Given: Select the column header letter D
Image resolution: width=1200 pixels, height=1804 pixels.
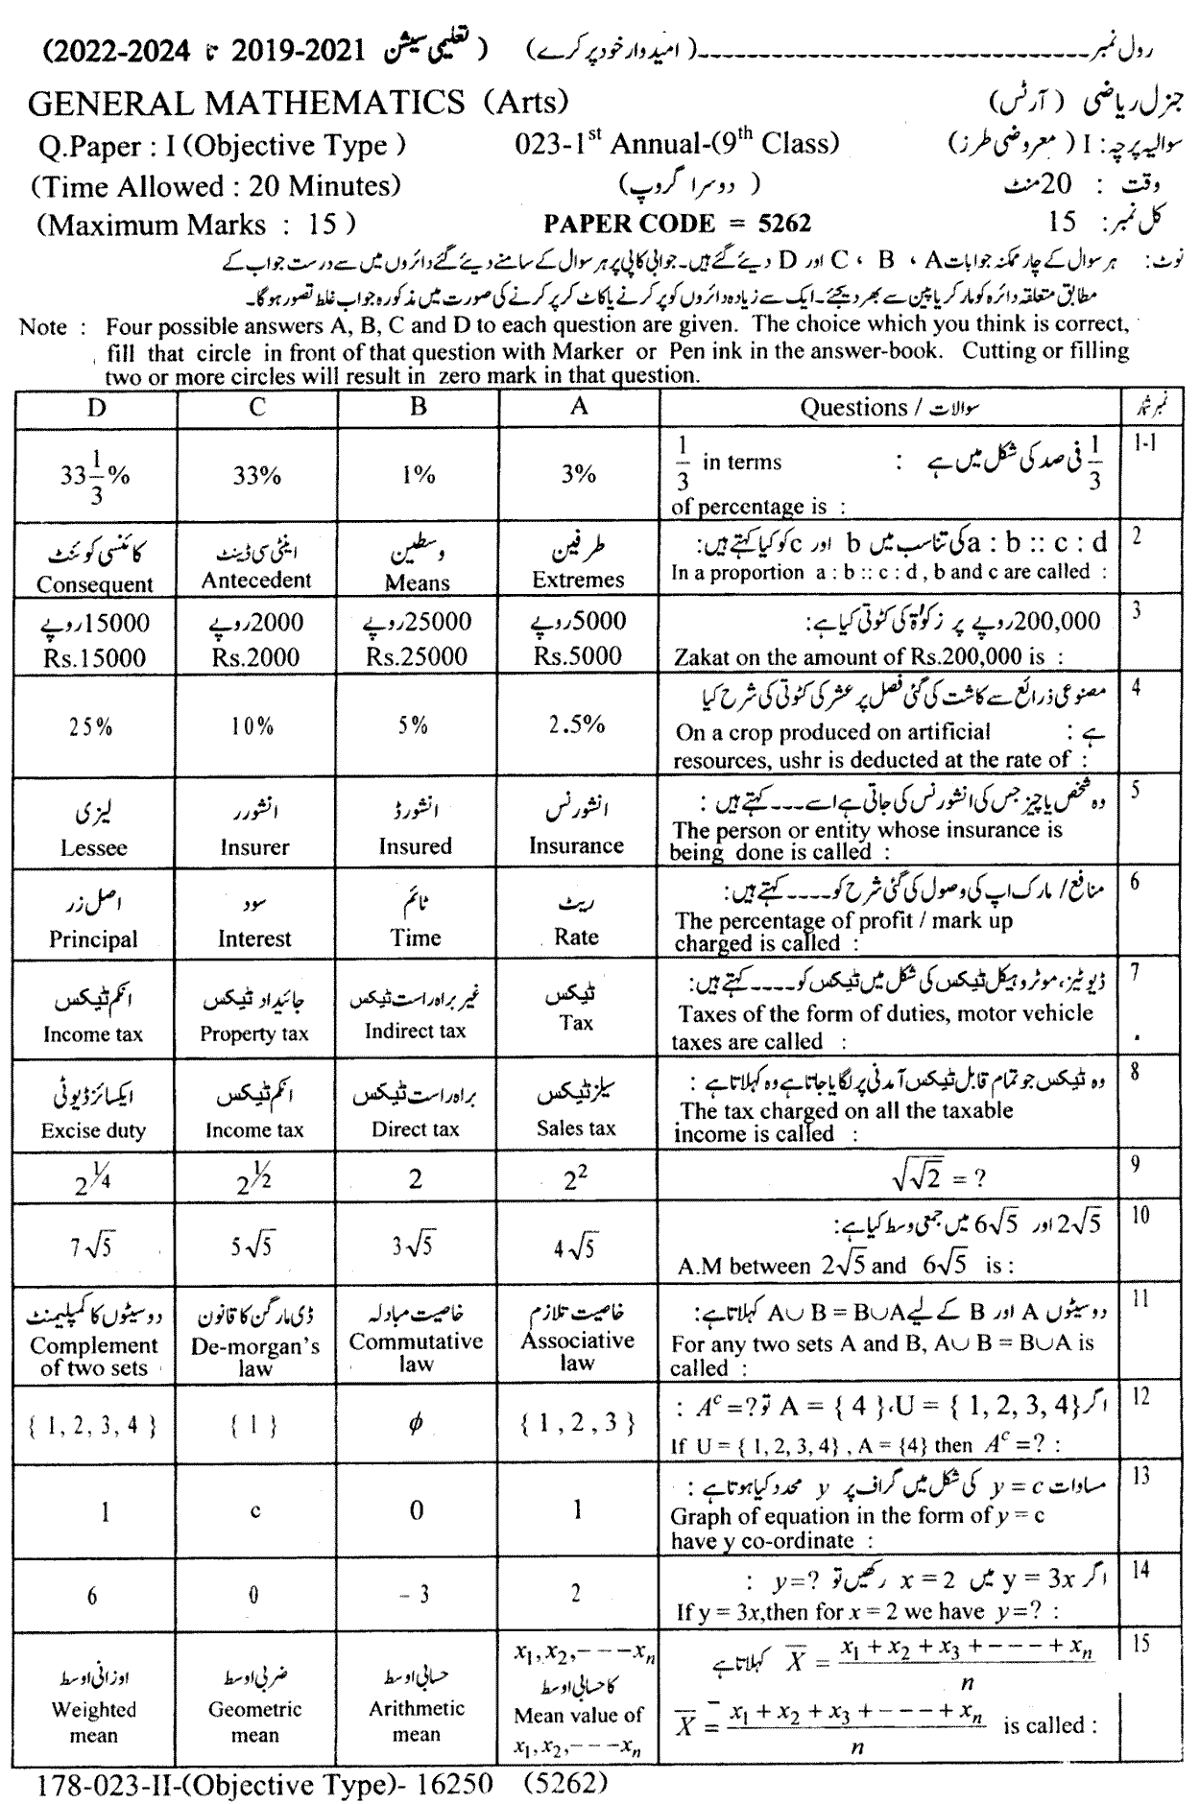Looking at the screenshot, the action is tap(96, 407).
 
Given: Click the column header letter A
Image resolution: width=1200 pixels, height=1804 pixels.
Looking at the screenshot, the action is tap(578, 407).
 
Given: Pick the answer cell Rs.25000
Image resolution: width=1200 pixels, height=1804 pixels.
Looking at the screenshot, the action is tap(417, 657).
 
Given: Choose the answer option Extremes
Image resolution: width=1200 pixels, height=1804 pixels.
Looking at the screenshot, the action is tap(578, 580).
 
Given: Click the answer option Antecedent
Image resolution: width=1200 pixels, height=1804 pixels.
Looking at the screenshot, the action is tap(256, 580).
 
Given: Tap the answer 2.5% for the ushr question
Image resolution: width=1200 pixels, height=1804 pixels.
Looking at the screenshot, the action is tap(578, 725).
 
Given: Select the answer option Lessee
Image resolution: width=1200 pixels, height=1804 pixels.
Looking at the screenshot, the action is tap(93, 848).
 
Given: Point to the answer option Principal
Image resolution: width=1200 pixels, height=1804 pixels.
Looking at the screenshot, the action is tap(93, 939).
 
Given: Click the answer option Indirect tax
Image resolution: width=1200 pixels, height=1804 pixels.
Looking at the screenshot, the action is tap(416, 1032).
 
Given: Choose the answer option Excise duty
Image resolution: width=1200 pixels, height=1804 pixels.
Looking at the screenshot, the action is tap(93, 1130).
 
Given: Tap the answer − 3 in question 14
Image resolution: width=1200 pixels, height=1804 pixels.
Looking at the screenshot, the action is tap(415, 1595).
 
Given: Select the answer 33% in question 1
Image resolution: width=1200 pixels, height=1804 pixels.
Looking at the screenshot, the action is tap(255, 475).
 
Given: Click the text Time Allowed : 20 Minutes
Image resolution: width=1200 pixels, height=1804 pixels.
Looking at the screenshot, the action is tap(216, 185).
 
